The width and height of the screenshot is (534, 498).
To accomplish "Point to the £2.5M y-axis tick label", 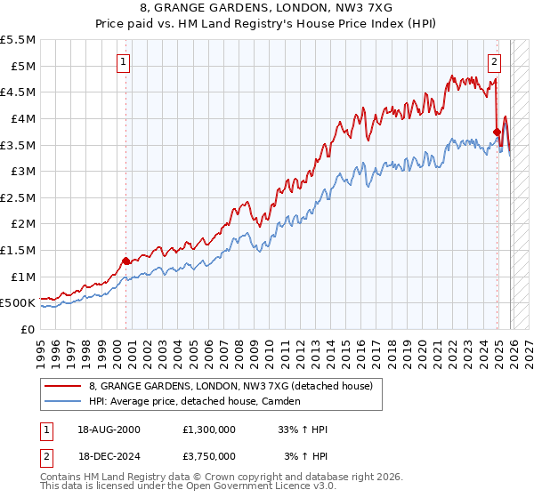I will tap(19, 197).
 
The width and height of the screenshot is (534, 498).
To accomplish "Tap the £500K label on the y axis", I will tap(18, 303).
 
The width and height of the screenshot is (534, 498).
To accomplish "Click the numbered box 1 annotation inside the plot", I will tap(124, 61).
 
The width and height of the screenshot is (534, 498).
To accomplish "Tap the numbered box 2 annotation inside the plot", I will tap(495, 61).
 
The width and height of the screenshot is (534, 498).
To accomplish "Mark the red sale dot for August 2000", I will tap(125, 261).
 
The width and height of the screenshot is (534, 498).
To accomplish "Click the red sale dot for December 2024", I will tap(497, 132).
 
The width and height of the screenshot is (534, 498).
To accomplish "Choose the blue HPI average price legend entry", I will tap(195, 401).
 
